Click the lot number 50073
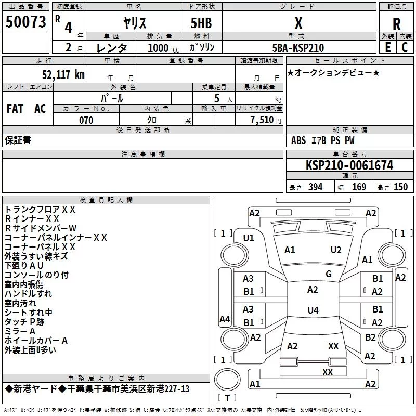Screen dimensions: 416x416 [25, 22]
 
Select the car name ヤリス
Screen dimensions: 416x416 [134, 23]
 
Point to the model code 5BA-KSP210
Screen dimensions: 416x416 [298, 48]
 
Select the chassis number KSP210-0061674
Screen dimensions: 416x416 [349, 165]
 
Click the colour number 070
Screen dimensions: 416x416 [86, 120]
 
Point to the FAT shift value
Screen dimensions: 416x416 [15, 109]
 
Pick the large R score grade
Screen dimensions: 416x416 [396, 23]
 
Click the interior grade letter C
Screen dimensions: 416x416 [405, 47]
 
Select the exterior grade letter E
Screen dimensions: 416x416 [388, 47]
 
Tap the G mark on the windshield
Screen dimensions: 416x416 [328, 274]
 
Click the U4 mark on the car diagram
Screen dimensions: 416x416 [313, 310]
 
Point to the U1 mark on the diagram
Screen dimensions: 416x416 [249, 238]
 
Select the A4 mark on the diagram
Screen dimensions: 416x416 [225, 319]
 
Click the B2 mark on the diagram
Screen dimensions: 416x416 [370, 337]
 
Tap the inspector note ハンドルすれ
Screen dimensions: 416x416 [28, 294]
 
